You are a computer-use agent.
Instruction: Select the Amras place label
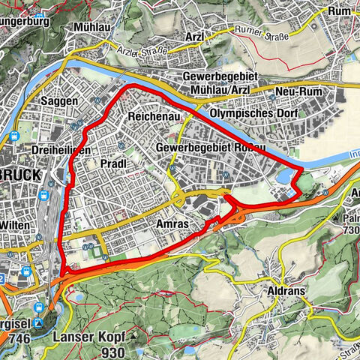(x=173, y=224)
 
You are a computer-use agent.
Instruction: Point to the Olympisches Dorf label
(x=254, y=113)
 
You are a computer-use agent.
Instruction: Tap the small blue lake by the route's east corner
(x=286, y=175)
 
